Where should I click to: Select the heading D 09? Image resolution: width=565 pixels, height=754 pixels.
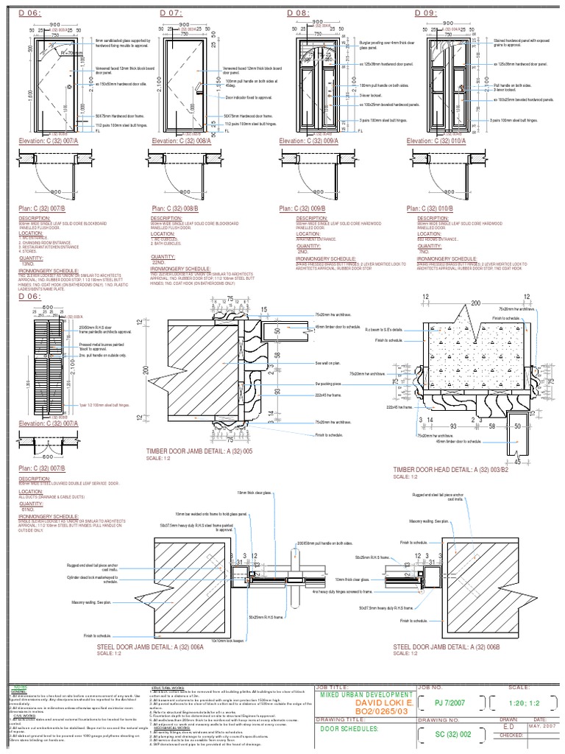pos(427,13)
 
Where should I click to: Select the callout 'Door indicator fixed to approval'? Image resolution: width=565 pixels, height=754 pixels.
pos(247,97)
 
